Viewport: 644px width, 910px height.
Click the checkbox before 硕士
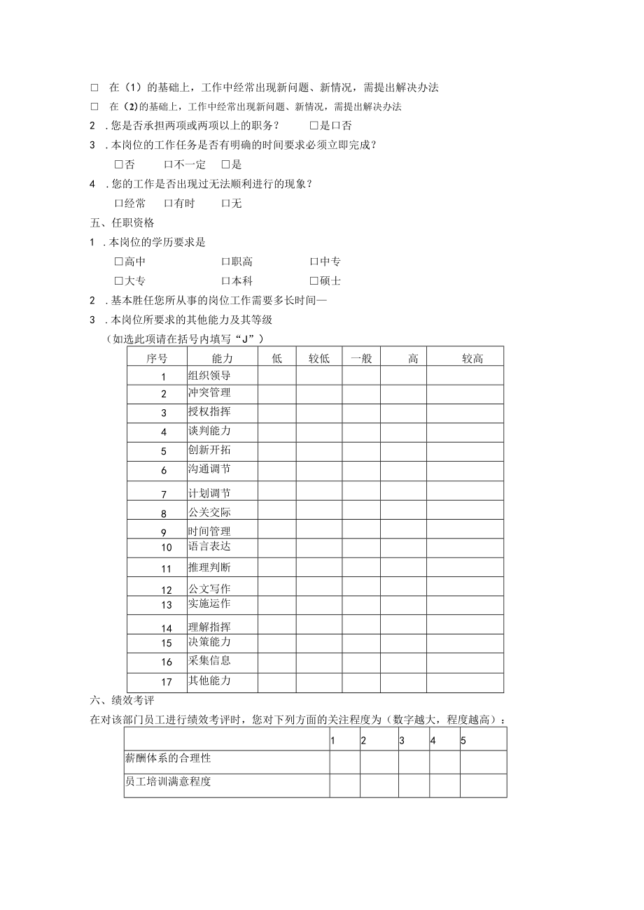[314, 281]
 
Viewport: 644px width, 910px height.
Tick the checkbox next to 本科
[226, 281]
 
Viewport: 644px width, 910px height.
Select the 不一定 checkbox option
[169, 164]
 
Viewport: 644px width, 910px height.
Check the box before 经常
[118, 204]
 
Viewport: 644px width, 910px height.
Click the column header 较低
[318, 358]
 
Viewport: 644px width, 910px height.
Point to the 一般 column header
[360, 358]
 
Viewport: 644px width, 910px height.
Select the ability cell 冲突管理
[209, 393]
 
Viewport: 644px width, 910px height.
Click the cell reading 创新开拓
[209, 450]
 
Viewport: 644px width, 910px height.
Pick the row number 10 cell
[166, 548]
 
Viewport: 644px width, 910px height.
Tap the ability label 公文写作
[209, 589]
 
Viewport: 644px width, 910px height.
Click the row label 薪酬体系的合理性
[167, 758]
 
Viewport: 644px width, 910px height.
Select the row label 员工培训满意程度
[167, 782]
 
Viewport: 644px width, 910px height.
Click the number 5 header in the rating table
[463, 741]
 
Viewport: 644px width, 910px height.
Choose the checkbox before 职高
[226, 262]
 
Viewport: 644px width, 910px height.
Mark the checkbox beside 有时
[169, 204]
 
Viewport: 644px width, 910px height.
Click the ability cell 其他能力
[209, 681]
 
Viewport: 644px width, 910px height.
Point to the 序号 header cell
[157, 358]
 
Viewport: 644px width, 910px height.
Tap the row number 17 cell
[166, 681]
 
